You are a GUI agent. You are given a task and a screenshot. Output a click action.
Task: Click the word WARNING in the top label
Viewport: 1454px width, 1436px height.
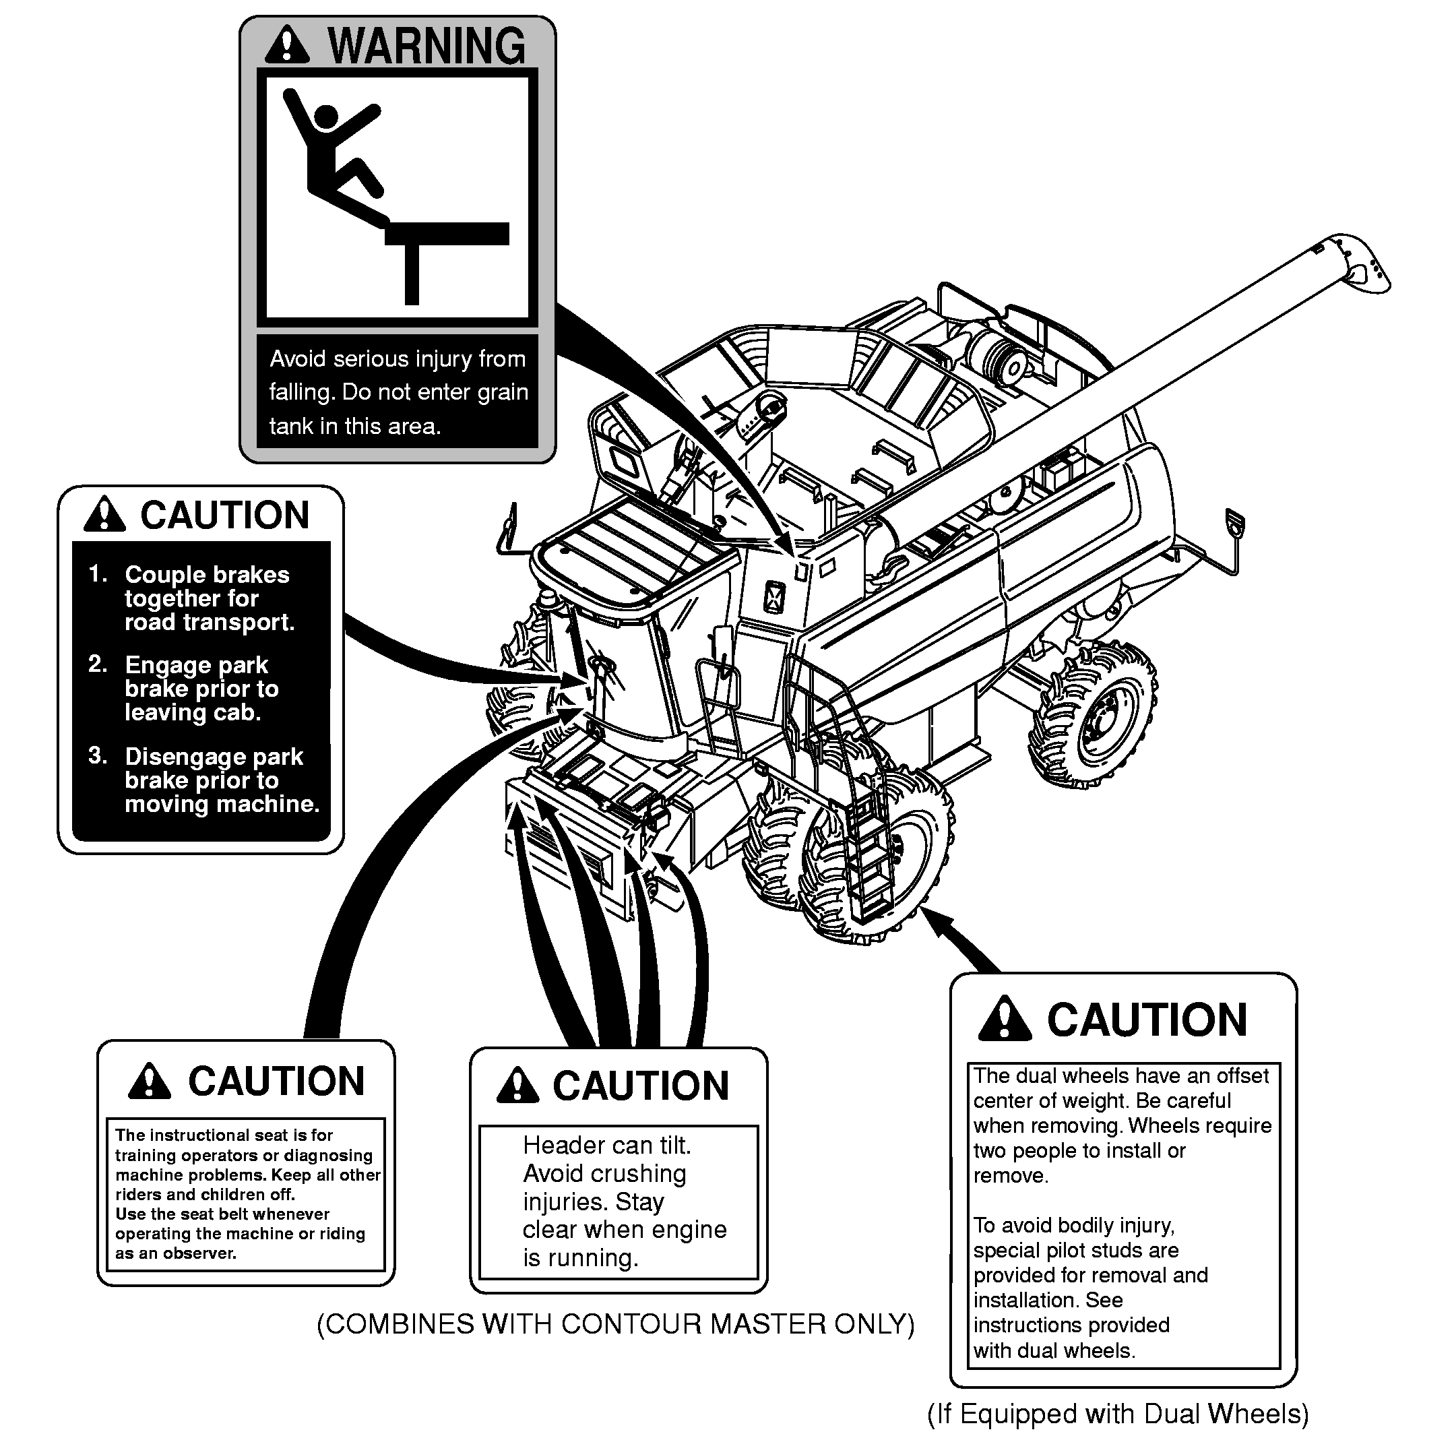(x=426, y=46)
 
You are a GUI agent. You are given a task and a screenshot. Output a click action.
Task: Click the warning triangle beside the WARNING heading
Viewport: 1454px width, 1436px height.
(x=287, y=45)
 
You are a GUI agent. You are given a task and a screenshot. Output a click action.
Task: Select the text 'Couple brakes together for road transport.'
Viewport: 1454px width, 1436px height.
(x=208, y=598)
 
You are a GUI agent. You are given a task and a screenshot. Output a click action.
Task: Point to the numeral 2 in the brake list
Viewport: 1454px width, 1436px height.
(x=97, y=664)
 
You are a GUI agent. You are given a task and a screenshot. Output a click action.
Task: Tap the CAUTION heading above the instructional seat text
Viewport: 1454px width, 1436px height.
(x=276, y=1082)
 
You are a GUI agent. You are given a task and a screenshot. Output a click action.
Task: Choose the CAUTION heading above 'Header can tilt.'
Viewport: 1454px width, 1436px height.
(x=641, y=1086)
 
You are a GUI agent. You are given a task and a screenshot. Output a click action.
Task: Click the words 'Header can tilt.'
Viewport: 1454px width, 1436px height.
(x=606, y=1146)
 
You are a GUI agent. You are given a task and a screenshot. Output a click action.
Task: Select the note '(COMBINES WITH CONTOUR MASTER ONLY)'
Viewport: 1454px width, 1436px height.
(x=615, y=1324)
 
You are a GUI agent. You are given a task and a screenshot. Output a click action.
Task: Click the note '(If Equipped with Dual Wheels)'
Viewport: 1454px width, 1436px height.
(x=1118, y=1414)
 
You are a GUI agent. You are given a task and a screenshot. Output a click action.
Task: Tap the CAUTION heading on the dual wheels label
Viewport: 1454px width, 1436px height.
(x=1147, y=1020)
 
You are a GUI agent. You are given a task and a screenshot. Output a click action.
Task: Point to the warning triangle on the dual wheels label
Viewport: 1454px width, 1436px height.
(x=1004, y=1019)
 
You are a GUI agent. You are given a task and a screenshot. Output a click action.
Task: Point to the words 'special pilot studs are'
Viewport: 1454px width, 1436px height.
(x=1075, y=1250)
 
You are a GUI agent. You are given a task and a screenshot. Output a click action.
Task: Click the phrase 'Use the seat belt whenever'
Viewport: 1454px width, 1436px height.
(x=222, y=1214)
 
